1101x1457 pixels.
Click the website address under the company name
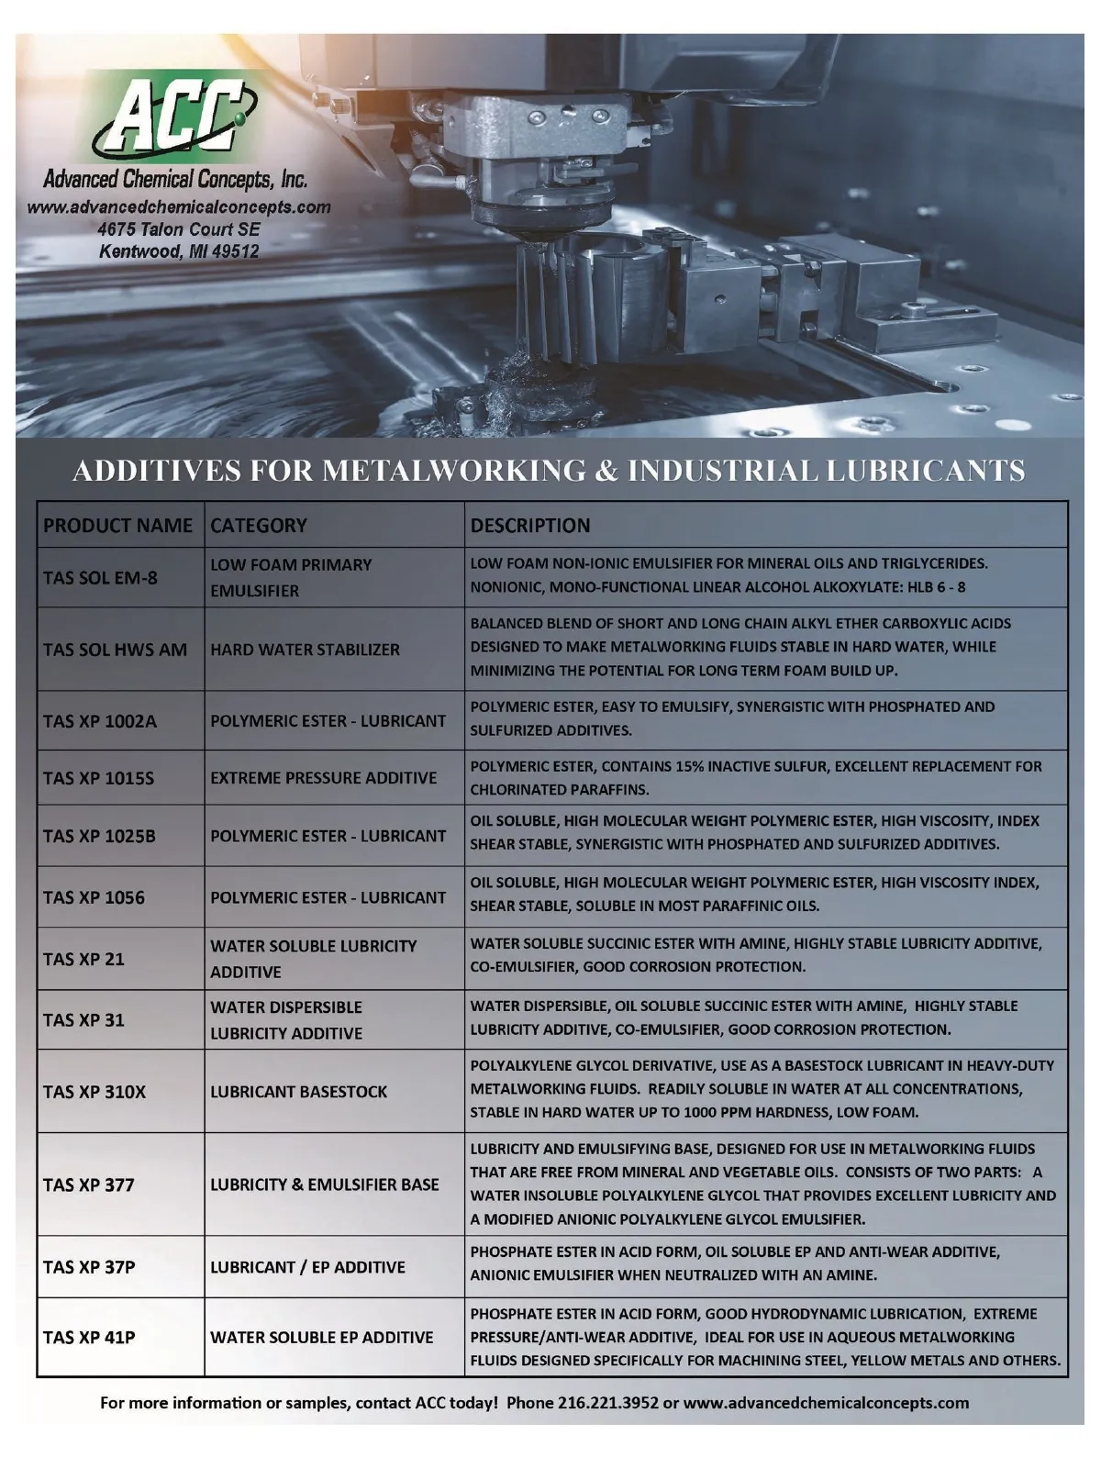(179, 206)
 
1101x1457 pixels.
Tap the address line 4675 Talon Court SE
(179, 229)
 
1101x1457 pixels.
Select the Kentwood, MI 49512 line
(179, 251)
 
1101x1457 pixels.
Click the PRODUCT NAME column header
(117, 526)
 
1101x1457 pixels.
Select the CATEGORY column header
(259, 526)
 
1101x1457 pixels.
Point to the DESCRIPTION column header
(530, 526)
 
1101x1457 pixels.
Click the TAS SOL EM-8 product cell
(100, 578)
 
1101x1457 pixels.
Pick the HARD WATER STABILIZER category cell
(305, 650)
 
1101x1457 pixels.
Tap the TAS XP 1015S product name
(98, 778)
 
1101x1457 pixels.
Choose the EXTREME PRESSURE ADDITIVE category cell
(323, 778)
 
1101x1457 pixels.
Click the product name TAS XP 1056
(94, 897)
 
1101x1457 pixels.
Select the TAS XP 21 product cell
(83, 959)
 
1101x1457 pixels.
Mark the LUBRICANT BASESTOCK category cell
(298, 1092)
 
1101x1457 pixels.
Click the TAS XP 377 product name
(88, 1185)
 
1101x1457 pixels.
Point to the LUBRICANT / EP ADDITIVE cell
(307, 1267)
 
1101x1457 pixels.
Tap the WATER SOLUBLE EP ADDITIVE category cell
(321, 1338)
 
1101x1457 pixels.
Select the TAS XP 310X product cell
(94, 1092)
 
